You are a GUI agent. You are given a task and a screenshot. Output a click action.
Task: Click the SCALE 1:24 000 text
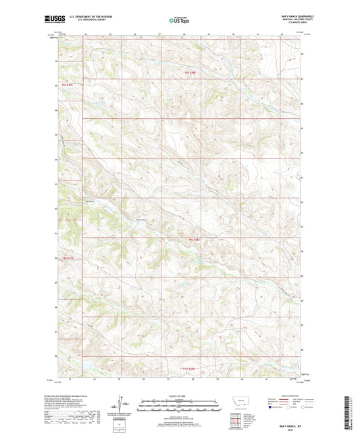click(179, 395)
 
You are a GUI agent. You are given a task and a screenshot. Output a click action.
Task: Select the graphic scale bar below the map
click(179, 403)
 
